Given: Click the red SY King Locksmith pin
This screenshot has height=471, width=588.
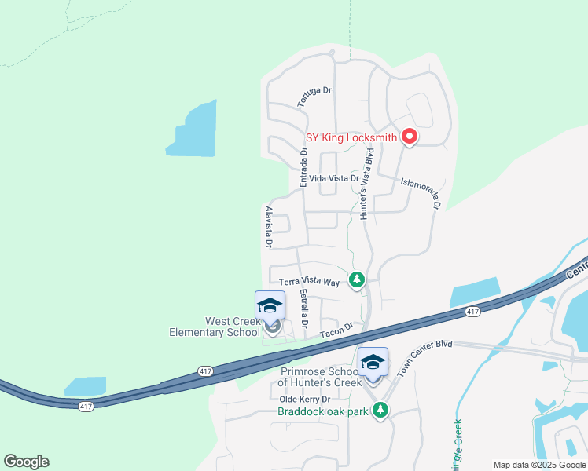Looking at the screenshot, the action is click(x=409, y=137).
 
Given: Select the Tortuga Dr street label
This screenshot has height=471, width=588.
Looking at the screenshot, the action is click(x=314, y=97).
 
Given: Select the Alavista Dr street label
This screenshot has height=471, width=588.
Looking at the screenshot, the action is click(x=269, y=228).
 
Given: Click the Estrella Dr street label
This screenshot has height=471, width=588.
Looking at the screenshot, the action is click(x=305, y=309).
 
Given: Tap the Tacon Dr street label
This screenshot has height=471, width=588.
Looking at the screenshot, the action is click(x=337, y=331).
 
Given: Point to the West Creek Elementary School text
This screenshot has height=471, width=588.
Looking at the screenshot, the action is click(x=214, y=327).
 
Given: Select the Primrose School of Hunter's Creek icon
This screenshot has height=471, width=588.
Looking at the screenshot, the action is click(x=373, y=363).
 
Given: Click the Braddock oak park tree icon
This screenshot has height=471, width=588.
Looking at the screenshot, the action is click(x=380, y=409).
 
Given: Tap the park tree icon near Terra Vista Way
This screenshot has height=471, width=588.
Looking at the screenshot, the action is click(x=357, y=279).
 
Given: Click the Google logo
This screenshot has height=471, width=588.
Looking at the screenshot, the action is click(x=26, y=462).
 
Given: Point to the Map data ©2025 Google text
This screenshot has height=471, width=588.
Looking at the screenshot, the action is click(x=539, y=465).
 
